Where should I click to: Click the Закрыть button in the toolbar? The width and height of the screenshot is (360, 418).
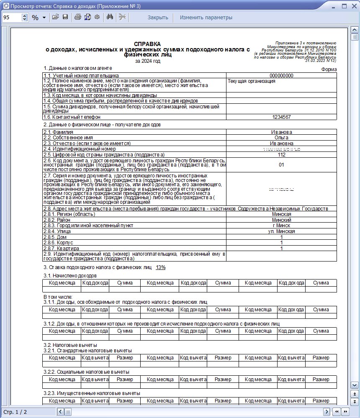coord(158,18)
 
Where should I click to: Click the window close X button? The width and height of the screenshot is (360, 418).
coord(354,6)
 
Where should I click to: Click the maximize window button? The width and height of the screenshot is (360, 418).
coord(344,6)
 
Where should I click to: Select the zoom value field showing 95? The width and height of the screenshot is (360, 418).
coord(12,18)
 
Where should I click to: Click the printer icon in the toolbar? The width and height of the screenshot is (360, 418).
coord(77,18)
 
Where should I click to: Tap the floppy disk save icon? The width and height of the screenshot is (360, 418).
coord(65,18)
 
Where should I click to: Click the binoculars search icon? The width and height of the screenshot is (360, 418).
coord(111,18)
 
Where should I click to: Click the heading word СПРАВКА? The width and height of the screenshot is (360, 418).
coord(147,44)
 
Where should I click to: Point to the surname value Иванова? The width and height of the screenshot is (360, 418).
coord(281,132)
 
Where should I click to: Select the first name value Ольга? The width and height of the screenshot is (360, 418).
coord(281,138)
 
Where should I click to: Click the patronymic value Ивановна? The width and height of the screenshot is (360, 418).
coord(281,143)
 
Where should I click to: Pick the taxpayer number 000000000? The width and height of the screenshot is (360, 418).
coord(281,76)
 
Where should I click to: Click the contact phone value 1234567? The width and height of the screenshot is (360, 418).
coord(281,117)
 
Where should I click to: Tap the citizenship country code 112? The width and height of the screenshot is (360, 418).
coord(281,154)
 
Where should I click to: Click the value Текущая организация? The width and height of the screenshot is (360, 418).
coord(252,81)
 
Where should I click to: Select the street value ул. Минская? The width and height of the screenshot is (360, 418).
coord(281,231)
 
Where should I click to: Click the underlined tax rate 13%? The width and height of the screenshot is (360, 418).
coord(161,267)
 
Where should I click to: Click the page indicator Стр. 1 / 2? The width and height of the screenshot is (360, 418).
coord(15,412)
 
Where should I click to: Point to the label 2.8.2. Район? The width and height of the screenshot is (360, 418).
coord(58,220)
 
